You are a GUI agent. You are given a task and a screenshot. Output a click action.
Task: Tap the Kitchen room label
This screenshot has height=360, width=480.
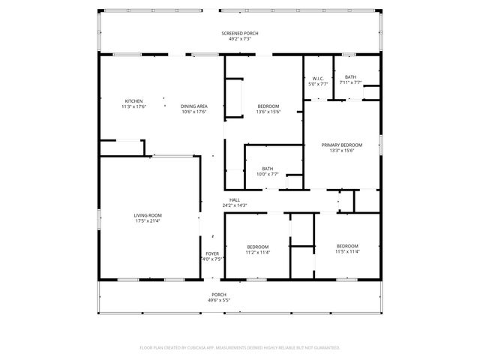click(x=133, y=101)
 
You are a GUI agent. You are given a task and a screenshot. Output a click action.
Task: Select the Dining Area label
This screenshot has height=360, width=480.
click(x=193, y=106)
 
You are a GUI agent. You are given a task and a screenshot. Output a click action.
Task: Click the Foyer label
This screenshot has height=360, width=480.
click(x=212, y=253)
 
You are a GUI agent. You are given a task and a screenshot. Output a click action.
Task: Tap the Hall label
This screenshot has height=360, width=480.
click(x=234, y=199)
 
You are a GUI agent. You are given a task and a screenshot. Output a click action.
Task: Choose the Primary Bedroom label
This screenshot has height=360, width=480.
click(x=341, y=145)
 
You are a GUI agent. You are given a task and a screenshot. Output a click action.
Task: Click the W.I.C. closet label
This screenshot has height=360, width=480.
click(x=318, y=78)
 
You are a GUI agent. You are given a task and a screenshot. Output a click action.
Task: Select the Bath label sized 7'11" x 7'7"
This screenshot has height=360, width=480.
click(x=350, y=77)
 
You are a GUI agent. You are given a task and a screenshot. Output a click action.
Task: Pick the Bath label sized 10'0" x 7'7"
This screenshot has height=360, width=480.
click(x=268, y=169)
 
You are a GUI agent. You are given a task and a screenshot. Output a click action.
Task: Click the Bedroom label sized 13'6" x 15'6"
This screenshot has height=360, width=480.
click(x=268, y=106)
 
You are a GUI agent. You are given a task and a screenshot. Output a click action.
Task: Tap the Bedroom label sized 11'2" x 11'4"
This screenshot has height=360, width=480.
click(x=258, y=247)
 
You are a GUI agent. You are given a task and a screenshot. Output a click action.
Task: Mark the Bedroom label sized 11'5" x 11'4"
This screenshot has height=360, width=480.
click(x=346, y=246)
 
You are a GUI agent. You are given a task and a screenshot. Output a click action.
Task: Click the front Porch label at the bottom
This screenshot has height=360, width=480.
click(x=218, y=294)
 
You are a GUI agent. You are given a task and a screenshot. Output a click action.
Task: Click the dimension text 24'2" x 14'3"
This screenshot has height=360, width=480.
click(x=234, y=205)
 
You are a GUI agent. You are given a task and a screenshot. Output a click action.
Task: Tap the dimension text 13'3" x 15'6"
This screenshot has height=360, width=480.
click(x=341, y=151)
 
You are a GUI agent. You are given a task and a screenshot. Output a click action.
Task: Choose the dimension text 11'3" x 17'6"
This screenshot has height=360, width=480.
click(x=133, y=106)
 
